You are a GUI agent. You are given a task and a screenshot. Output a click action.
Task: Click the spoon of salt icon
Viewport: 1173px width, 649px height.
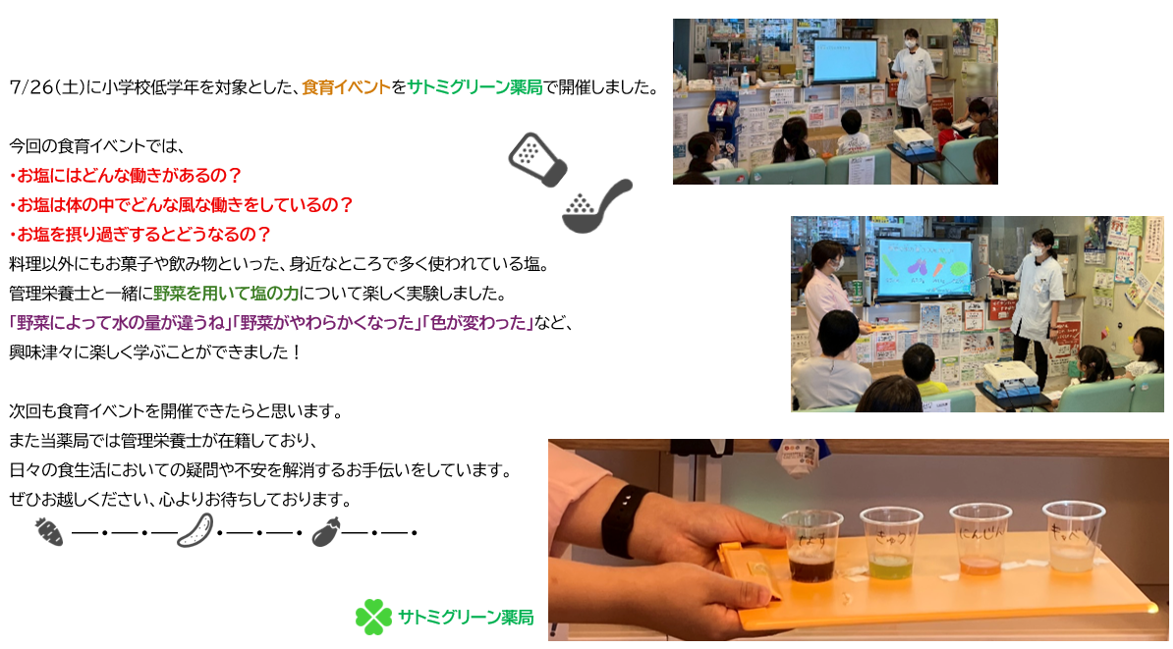pos(597,206)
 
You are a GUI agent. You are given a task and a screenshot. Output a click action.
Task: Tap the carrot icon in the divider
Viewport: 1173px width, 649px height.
pos(49,531)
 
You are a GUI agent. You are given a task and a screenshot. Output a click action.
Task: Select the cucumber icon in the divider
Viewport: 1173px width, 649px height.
pos(195,530)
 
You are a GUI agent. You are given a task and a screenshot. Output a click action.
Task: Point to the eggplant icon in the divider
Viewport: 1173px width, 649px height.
pos(326,531)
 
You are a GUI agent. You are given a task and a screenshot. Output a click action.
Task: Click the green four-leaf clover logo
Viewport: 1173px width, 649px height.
pos(373,617)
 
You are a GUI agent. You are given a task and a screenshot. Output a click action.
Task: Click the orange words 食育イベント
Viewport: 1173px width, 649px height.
pos(347,87)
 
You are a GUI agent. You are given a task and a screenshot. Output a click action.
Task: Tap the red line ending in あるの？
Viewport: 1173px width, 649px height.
pos(126,176)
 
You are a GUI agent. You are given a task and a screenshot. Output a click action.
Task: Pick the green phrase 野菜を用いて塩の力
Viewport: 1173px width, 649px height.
pos(226,294)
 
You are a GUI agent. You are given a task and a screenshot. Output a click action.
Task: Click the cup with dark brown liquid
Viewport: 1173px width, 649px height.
pos(811,547)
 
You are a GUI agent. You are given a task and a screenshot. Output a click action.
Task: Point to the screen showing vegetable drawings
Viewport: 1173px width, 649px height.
pos(924,269)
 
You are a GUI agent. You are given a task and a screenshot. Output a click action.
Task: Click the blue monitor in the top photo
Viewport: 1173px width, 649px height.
pos(845,61)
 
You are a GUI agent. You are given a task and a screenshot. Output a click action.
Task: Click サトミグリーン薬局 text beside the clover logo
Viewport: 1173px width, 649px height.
pos(466,618)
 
